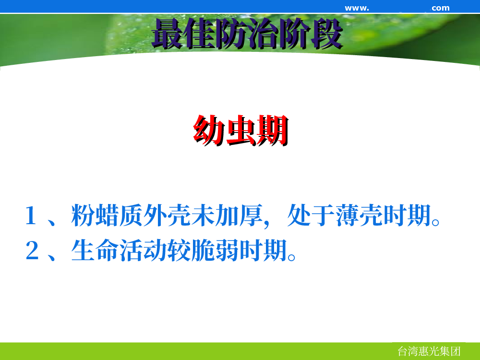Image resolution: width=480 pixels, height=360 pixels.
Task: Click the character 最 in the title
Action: click(168, 34)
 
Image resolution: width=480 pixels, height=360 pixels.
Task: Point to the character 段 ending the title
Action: click(326, 34)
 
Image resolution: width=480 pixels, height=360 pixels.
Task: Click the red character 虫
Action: click(241, 130)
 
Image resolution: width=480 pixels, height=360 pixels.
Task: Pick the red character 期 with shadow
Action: click(273, 130)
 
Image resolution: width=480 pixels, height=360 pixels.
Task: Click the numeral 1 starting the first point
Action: click(31, 216)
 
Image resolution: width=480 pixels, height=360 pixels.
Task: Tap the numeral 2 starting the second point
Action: click(32, 250)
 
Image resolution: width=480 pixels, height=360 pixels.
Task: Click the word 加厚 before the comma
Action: click(239, 216)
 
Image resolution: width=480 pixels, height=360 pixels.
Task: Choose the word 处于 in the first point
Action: click(311, 216)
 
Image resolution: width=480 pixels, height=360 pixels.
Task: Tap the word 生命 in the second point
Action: click(95, 250)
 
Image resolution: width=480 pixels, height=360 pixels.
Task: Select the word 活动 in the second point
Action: click(143, 250)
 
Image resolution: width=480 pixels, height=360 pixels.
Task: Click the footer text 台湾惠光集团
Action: click(429, 351)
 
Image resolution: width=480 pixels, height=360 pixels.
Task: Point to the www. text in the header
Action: click(357, 8)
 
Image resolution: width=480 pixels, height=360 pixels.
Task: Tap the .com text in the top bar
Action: click(440, 8)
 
